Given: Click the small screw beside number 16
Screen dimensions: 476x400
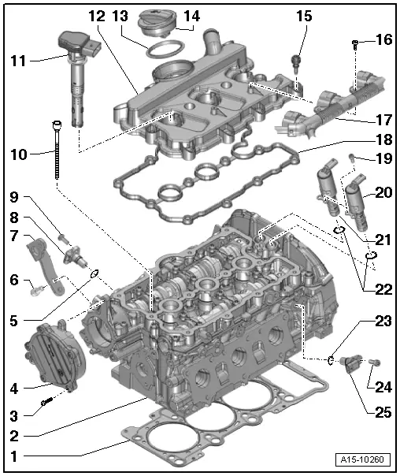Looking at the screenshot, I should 357,42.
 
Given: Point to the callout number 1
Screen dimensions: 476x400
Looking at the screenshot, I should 14,454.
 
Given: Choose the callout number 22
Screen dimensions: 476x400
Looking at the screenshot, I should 382,289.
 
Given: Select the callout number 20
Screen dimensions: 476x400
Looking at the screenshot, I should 383,192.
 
